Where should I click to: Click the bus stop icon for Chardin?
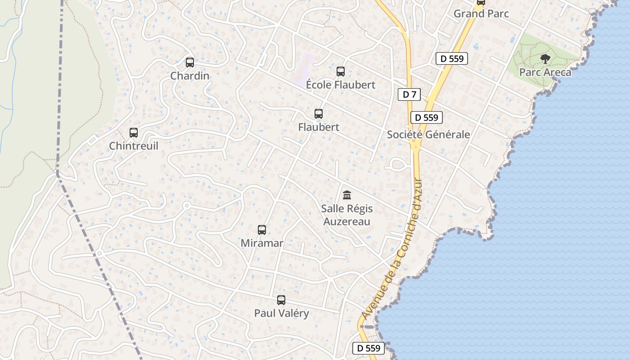point(190,63)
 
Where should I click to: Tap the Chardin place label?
point(190,76)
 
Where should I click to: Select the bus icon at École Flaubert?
point(341,72)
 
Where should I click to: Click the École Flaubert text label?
point(341,85)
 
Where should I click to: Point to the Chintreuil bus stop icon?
point(134,133)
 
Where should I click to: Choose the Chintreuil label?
point(134,146)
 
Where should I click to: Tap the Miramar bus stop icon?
point(262,230)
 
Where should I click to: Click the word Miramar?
point(262,243)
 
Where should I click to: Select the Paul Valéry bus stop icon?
point(281,300)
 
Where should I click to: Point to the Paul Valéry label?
point(282,313)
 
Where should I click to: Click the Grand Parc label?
point(481,13)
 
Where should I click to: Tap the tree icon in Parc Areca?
point(545,58)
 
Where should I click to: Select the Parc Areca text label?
point(545,72)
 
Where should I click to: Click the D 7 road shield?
point(409,94)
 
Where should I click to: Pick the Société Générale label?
point(428,135)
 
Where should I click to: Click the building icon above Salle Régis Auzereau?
point(347,195)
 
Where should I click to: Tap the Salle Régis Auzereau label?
point(347,215)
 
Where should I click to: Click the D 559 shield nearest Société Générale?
point(427,117)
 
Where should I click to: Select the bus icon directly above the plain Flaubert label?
point(319,114)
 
